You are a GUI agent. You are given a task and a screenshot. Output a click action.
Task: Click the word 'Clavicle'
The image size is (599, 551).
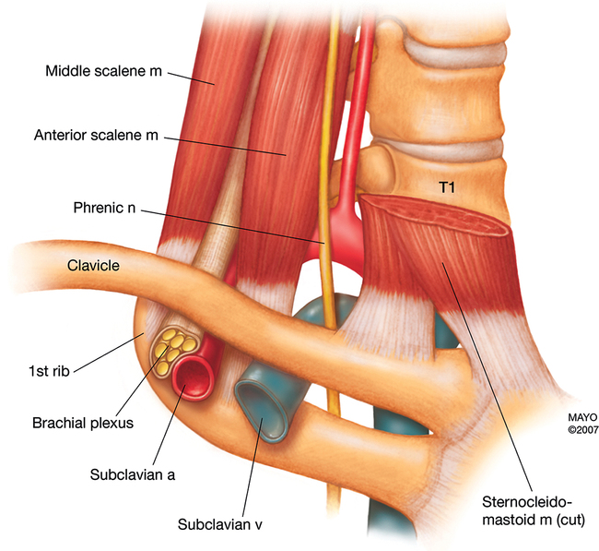pos(95,266)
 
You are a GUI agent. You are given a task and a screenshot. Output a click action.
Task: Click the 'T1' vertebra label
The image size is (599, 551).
pos(450,186)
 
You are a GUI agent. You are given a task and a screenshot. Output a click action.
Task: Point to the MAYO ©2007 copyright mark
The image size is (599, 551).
pos(562,423)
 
